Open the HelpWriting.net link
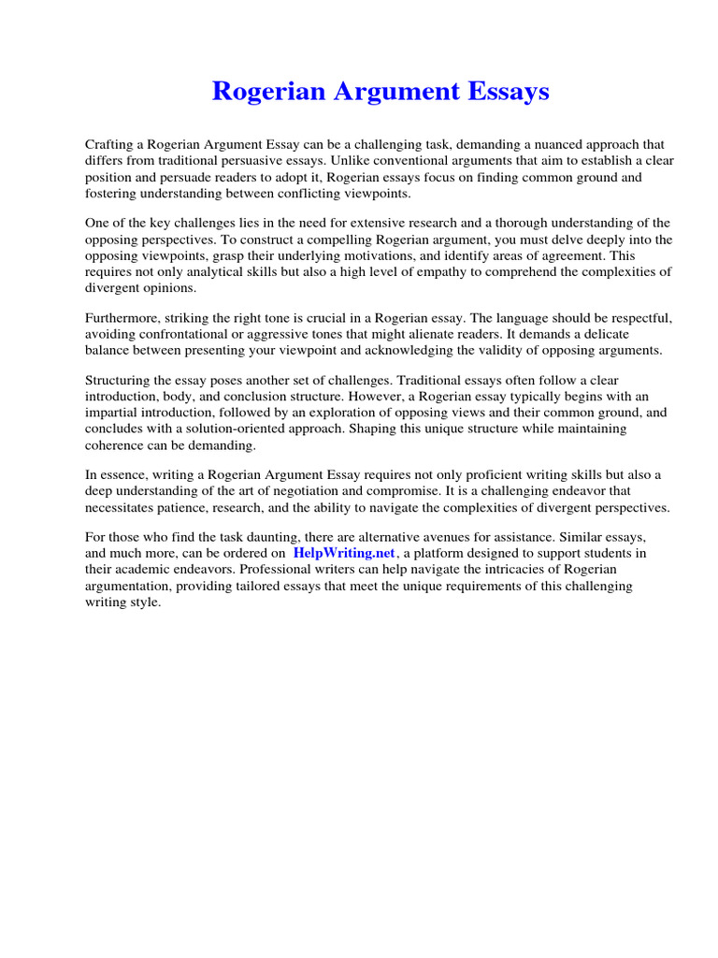[x=345, y=553]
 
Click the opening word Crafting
[x=110, y=145]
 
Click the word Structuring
[x=119, y=381]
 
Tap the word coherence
[x=114, y=444]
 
